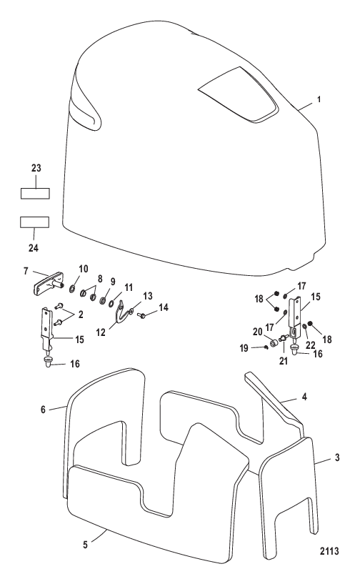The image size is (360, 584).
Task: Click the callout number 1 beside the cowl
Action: (319, 99)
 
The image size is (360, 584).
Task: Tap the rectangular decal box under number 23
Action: (34, 194)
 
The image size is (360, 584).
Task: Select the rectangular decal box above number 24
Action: (34, 222)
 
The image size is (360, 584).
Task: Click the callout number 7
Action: (26, 271)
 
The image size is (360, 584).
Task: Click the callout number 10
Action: (84, 269)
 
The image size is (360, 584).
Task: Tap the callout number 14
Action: (163, 307)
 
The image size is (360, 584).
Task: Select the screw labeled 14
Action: (142, 316)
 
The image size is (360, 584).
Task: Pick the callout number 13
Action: (148, 296)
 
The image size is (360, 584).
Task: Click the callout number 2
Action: (81, 315)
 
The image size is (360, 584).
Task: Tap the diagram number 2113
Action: (329, 551)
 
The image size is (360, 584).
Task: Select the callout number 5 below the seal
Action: (85, 545)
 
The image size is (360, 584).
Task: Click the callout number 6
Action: (43, 410)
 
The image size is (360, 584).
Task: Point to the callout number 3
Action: (337, 457)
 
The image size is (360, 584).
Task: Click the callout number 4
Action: (304, 397)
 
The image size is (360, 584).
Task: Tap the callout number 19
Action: (244, 348)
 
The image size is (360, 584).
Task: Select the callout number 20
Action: (258, 332)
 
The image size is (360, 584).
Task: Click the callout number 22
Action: (311, 345)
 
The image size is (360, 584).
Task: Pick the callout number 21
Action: (284, 361)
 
